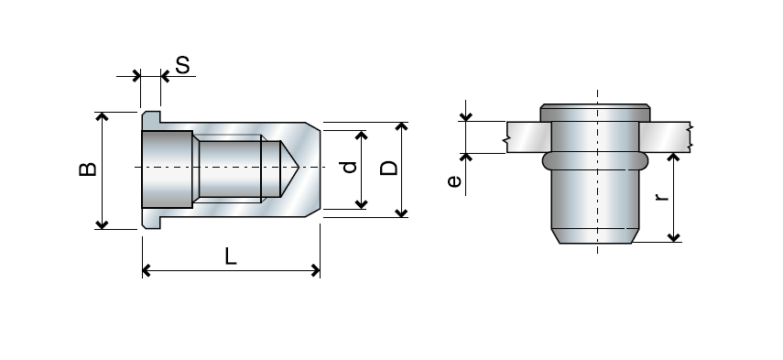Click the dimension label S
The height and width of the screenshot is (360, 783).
click(x=182, y=65)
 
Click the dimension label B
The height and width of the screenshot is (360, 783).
click(x=85, y=170)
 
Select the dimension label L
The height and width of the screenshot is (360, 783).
click(x=231, y=257)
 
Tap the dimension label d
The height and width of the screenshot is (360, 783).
click(x=347, y=168)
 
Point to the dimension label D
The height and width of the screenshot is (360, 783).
click(x=389, y=168)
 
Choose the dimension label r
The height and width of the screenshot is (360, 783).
click(x=663, y=195)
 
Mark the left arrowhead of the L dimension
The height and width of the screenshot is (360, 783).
click(x=147, y=270)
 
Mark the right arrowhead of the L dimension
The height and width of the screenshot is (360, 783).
click(x=316, y=270)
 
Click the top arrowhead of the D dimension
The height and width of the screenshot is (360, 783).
click(x=401, y=125)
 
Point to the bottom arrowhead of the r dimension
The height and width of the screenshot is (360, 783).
click(x=675, y=237)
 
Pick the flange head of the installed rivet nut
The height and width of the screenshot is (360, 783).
click(x=596, y=114)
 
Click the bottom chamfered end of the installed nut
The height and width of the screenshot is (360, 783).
click(x=596, y=236)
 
